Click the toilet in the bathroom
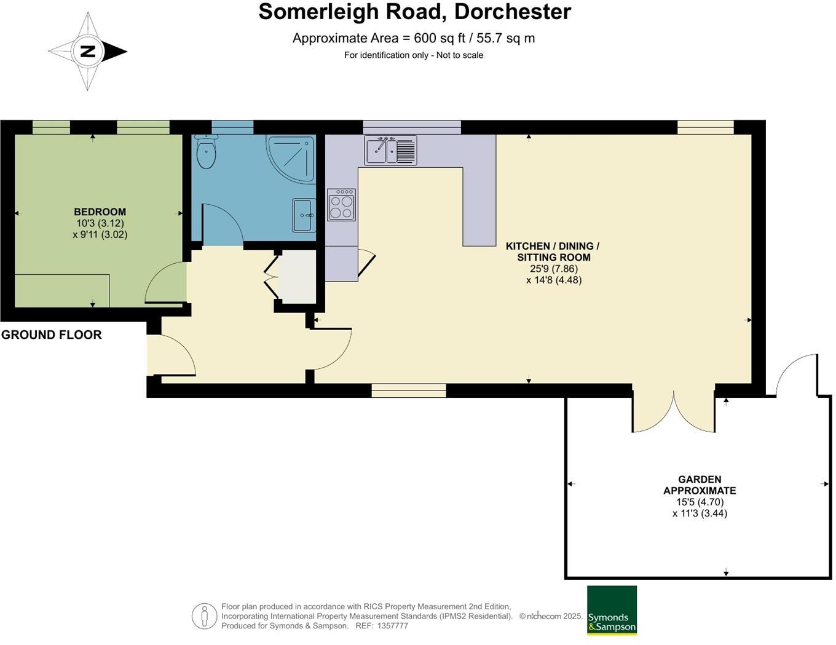206,152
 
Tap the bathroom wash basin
304,215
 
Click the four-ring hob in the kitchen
341,205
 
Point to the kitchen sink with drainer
390,150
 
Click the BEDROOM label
100,212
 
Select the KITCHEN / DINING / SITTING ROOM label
553,251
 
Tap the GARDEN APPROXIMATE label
700,485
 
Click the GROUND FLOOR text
52,335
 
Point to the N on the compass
88,51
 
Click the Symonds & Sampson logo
612,610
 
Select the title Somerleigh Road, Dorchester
414,12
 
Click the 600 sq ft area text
414,38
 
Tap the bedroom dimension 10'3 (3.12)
100,224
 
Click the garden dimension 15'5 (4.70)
700,502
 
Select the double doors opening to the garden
674,411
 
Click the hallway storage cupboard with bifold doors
297,278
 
